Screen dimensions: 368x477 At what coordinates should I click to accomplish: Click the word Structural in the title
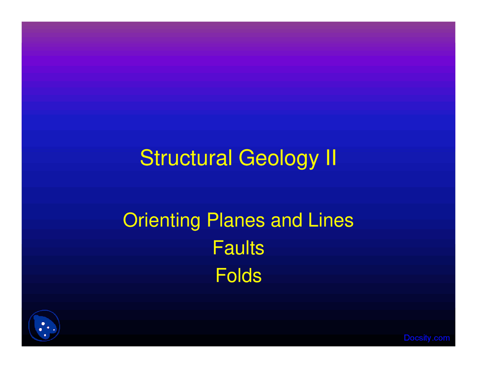point(186,158)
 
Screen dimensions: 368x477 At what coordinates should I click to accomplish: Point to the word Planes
point(236,220)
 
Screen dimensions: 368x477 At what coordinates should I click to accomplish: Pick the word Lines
point(331,220)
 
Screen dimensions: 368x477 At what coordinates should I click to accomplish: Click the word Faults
point(238,248)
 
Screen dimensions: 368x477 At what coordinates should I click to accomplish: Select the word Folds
point(238,276)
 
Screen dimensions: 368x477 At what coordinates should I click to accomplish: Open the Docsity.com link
point(427,338)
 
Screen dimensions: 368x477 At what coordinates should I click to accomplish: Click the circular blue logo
point(44,326)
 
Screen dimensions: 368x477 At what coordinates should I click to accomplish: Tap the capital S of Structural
point(146,158)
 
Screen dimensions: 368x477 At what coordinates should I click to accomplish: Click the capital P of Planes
point(212,220)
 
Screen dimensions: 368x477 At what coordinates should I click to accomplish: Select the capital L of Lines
point(312,220)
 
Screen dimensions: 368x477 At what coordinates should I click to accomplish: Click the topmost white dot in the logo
point(43,324)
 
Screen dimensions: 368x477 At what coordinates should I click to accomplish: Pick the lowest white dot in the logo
point(45,335)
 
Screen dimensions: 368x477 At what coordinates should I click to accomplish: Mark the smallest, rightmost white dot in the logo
point(54,330)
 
